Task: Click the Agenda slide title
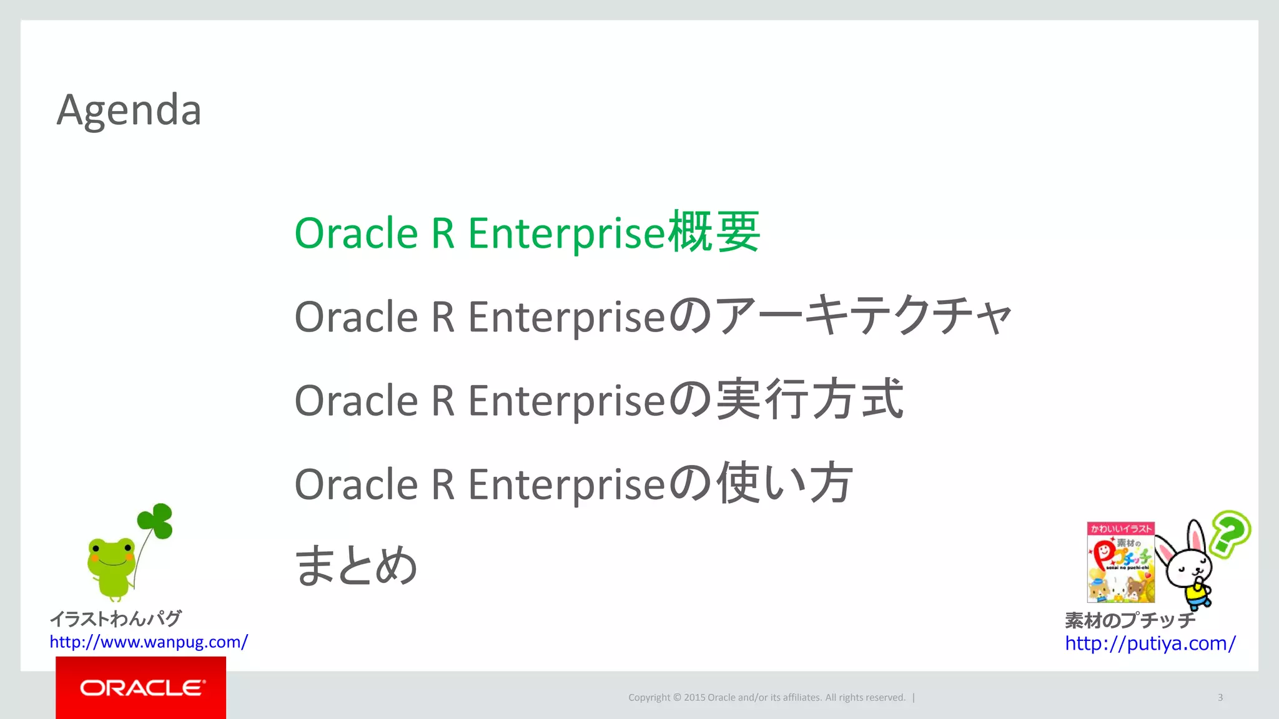[x=129, y=110]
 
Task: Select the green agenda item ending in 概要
[x=526, y=233]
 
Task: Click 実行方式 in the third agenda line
[x=809, y=399]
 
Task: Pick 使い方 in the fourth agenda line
[x=784, y=483]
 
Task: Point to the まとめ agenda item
[x=356, y=565]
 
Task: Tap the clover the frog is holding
[x=156, y=521]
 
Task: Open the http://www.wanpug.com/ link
[x=149, y=642]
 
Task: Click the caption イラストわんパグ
[x=116, y=619]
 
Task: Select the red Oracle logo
[x=141, y=688]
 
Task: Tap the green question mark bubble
[x=1229, y=532]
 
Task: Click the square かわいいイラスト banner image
[x=1120, y=562]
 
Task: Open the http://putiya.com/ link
[x=1150, y=643]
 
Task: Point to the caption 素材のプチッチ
[x=1130, y=620]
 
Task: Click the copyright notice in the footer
[x=766, y=698]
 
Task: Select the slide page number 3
[x=1220, y=698]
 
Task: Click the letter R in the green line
[x=442, y=233]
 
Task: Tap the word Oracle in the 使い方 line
[x=356, y=484]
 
